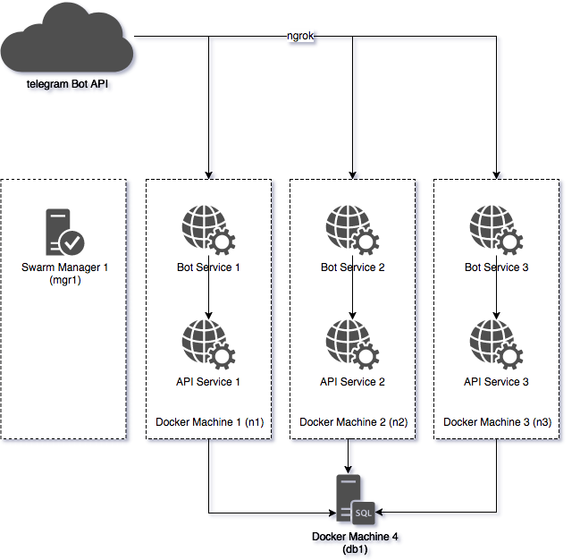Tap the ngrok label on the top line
click(299, 38)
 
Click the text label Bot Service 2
click(352, 267)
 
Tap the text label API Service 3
click(496, 382)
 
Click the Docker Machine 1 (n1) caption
click(209, 422)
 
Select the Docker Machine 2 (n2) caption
click(353, 422)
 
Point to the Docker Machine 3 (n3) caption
click(497, 422)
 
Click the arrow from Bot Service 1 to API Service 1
click(208, 295)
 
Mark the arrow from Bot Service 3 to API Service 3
click(496, 295)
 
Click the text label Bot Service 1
click(208, 267)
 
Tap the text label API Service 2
click(352, 382)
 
